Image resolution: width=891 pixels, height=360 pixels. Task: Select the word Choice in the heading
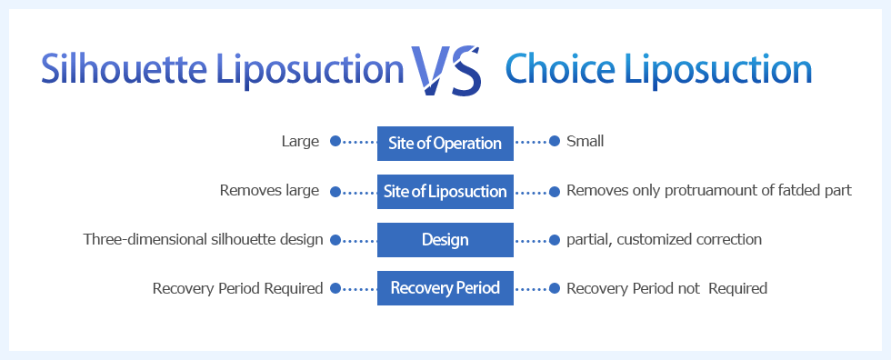tap(560, 69)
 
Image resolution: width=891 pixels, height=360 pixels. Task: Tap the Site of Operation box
tap(445, 143)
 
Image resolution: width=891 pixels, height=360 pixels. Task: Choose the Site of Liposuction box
tap(445, 191)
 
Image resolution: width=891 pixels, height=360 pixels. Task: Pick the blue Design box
tap(445, 240)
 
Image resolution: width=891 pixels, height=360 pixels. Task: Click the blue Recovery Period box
tap(445, 288)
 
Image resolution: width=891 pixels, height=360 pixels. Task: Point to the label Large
tap(300, 142)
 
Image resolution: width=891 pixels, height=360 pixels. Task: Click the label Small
tap(585, 141)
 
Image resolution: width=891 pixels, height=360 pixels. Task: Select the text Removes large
tap(269, 190)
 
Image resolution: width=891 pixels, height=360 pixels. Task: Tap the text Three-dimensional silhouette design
tap(204, 239)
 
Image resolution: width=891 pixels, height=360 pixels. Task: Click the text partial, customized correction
tap(665, 239)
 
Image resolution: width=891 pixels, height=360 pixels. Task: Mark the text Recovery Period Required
tap(237, 288)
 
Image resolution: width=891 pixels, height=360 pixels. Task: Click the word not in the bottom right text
tap(689, 288)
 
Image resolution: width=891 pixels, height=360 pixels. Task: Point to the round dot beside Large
tap(335, 141)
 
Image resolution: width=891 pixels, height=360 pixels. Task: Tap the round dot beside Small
tap(555, 141)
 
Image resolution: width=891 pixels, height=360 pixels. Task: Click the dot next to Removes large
tap(335, 192)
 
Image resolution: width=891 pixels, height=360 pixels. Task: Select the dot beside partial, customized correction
tap(555, 240)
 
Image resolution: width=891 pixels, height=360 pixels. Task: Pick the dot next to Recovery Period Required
tap(335, 288)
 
